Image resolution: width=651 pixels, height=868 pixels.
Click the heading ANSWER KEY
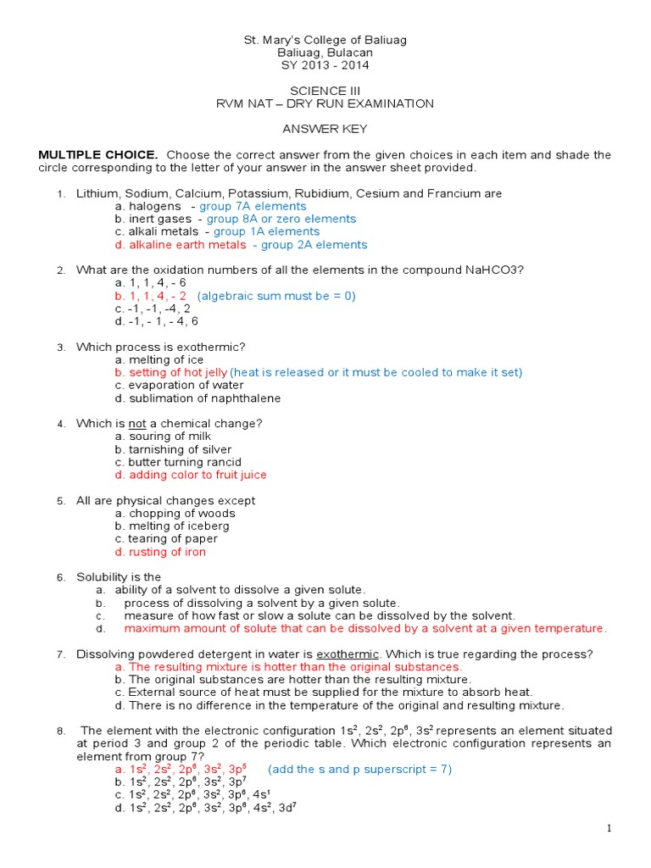pyautogui.click(x=325, y=129)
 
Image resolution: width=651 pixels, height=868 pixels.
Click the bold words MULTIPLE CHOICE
pyautogui.click(x=98, y=154)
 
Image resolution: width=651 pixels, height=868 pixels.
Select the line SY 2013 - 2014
pyautogui.click(x=325, y=65)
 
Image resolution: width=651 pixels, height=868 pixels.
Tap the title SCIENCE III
pyautogui.click(x=325, y=91)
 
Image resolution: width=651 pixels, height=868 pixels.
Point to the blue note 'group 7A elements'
pyautogui.click(x=253, y=206)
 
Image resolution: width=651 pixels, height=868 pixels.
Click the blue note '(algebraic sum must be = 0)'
pyautogui.click(x=276, y=296)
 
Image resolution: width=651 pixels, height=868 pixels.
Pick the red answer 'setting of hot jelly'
pyautogui.click(x=171, y=372)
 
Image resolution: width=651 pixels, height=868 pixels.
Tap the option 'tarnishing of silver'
pyautogui.click(x=173, y=449)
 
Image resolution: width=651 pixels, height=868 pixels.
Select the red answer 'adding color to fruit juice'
pyautogui.click(x=191, y=475)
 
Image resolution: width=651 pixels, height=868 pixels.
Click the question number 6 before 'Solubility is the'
pyautogui.click(x=61, y=577)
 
